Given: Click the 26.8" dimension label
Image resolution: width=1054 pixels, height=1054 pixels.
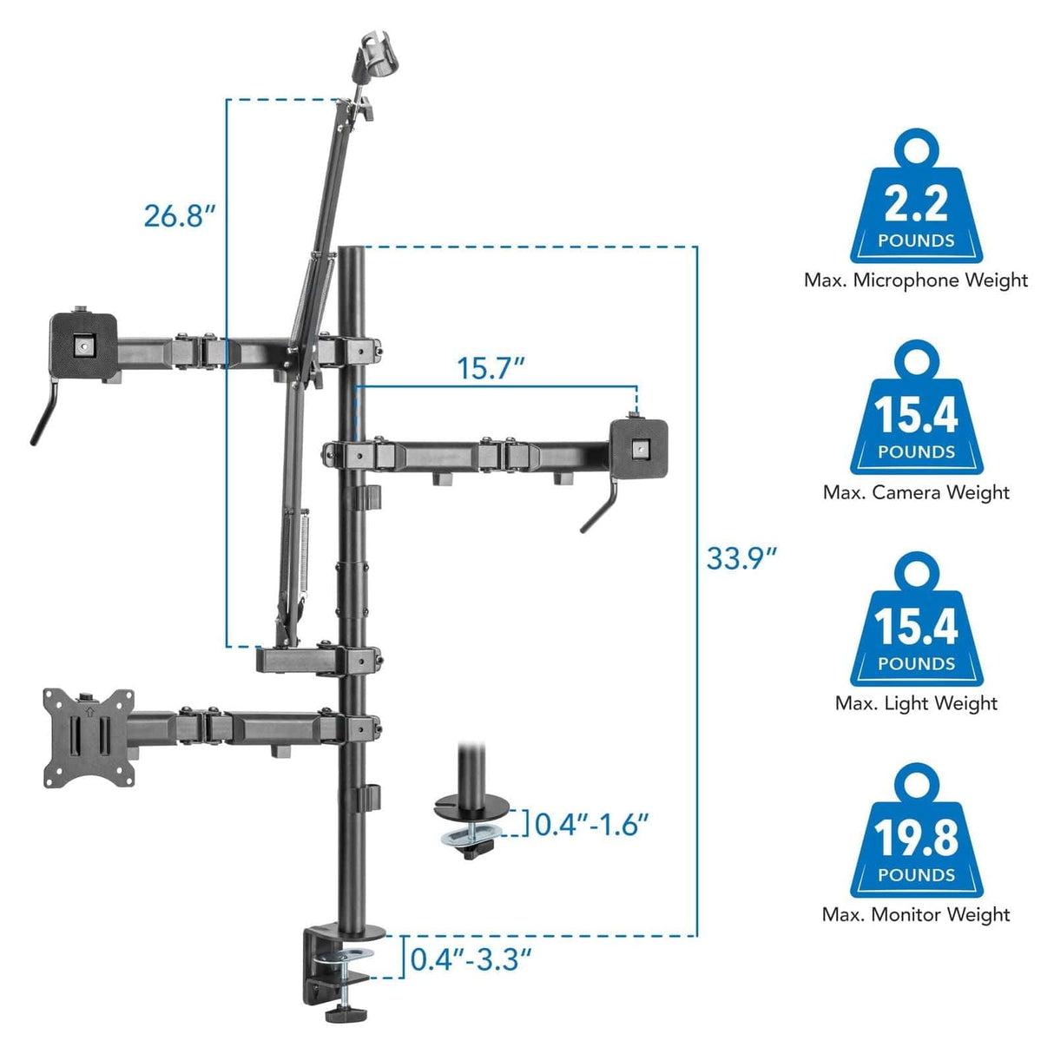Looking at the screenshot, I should (x=179, y=214).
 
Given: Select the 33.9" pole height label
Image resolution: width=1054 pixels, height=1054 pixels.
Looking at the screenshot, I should (x=741, y=557).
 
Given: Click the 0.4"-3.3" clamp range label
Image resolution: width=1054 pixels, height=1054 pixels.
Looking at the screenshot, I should (x=471, y=959).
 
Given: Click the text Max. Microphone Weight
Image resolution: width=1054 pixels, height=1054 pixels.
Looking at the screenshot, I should (x=915, y=280).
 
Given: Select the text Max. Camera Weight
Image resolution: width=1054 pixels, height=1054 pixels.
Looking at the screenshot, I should (x=915, y=492).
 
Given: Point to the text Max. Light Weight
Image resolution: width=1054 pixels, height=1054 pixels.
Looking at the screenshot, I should (x=915, y=703).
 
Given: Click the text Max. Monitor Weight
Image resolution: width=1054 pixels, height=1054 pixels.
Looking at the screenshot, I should (x=915, y=914).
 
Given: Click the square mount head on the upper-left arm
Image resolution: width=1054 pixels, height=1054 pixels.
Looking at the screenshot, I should (x=83, y=345).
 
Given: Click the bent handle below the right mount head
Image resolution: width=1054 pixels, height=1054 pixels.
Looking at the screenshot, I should (x=600, y=512).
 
